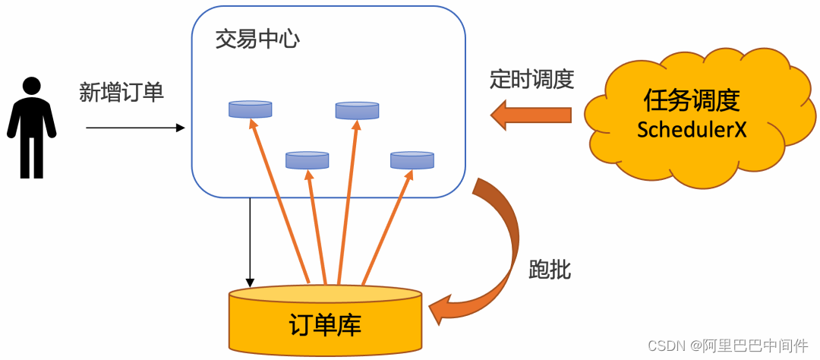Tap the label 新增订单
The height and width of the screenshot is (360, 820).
click(121, 93)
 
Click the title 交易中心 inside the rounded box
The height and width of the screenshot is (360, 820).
click(257, 39)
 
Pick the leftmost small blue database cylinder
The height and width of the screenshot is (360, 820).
click(250, 109)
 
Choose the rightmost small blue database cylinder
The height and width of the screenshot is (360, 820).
click(412, 159)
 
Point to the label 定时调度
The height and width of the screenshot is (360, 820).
click(531, 79)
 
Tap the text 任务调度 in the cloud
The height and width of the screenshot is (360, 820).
click(692, 99)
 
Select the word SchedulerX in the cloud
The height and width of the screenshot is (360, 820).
click(692, 129)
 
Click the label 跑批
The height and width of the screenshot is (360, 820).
click(549, 269)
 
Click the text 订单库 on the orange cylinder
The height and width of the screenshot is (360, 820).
click(325, 324)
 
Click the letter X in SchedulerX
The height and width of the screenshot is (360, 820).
click(740, 129)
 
